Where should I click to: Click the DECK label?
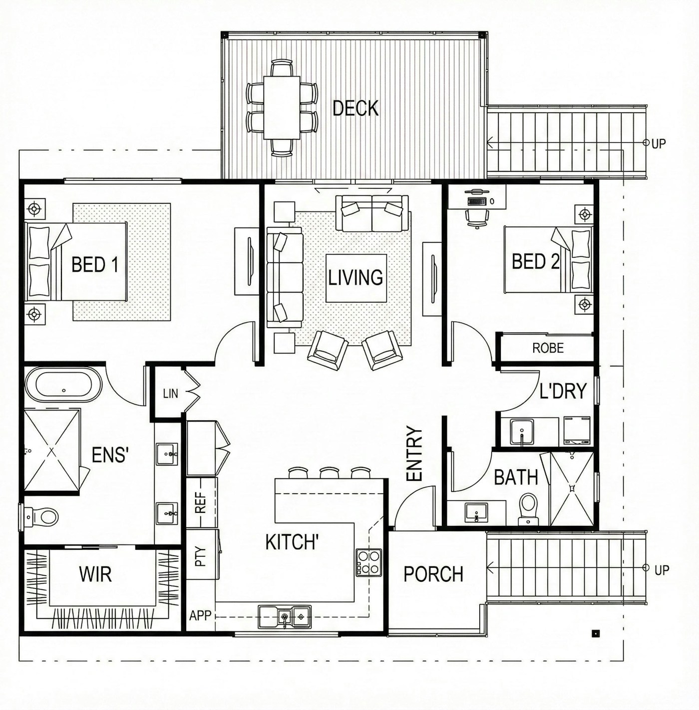tap(355, 108)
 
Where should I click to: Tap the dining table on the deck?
tap(282, 107)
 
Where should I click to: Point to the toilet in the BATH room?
tap(528, 509)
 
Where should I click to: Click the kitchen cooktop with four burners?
tap(368, 562)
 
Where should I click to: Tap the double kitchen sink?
tap(285, 617)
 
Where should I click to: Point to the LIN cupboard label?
tap(170, 393)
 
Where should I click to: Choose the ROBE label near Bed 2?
tap(548, 348)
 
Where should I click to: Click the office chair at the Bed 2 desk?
tap(477, 219)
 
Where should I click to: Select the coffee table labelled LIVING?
tap(356, 278)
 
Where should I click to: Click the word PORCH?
tap(433, 574)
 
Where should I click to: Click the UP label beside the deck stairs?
tap(659, 144)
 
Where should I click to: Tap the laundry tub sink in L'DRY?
tap(522, 432)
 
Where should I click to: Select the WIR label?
tap(95, 574)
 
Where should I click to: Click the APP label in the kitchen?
tap(200, 615)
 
